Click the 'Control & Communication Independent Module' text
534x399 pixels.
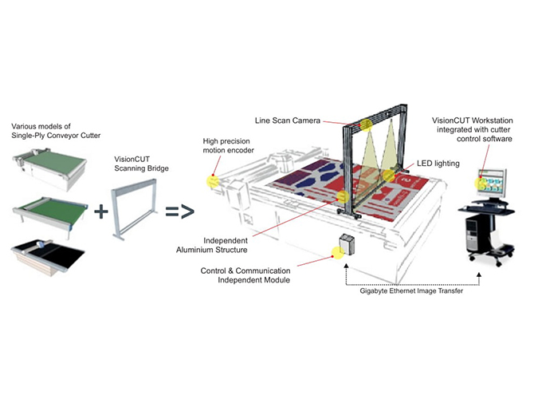247,275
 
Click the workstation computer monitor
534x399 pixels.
495,183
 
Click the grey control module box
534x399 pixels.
348,245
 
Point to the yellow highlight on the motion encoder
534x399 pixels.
213,180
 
